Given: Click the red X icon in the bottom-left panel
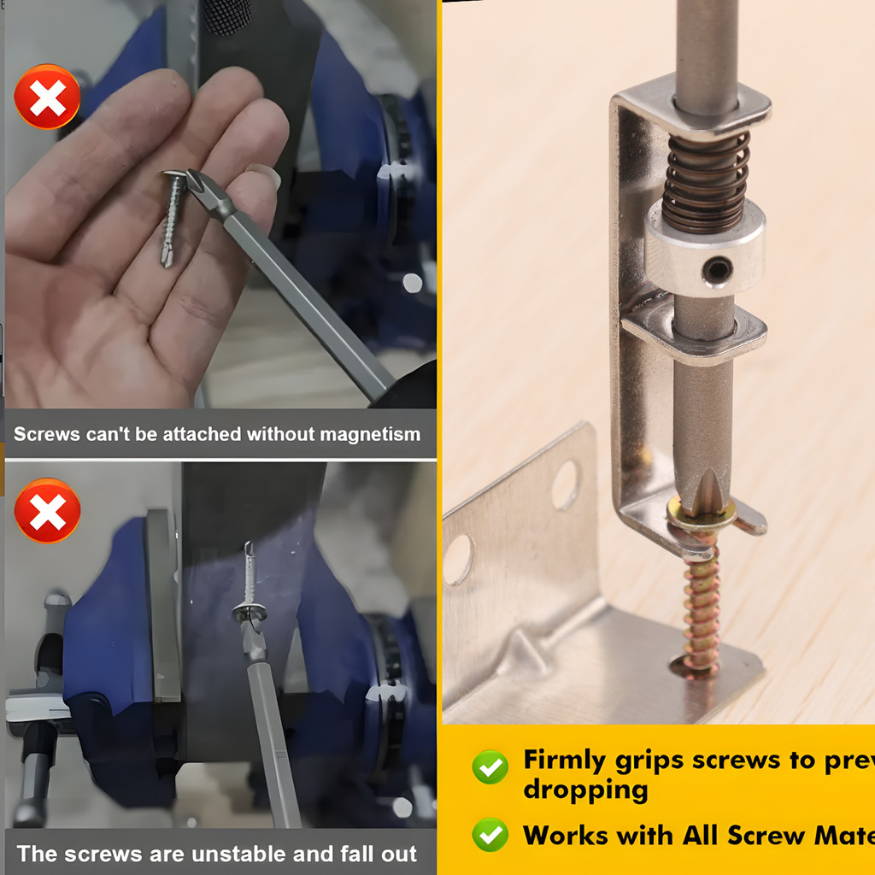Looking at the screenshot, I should pos(47,510).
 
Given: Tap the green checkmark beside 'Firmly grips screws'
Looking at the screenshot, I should pos(490,767).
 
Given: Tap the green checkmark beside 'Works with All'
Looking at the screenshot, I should pos(490,834).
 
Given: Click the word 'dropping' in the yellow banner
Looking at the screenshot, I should pos(585,790).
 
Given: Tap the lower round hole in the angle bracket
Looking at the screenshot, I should pos(458,559).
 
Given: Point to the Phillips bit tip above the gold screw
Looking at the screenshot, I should pos(708,487).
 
